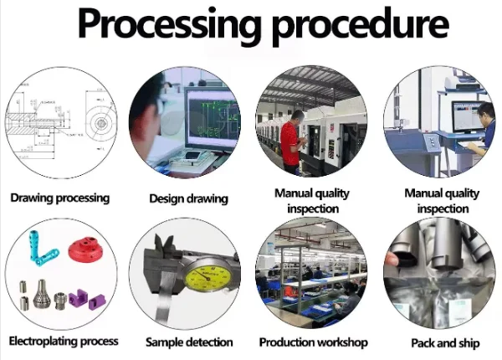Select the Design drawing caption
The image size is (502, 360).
188,198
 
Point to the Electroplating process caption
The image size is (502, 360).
63,342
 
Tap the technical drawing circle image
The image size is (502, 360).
59,126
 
